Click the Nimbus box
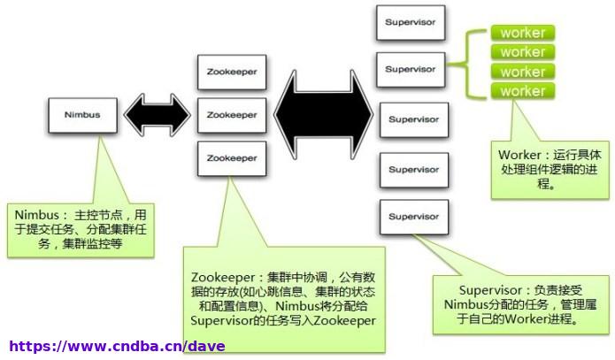[x=83, y=115]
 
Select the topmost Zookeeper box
[x=232, y=73]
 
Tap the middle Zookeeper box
[x=232, y=115]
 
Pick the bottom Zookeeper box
[x=232, y=158]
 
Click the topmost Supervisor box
[x=411, y=23]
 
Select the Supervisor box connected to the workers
[x=411, y=69]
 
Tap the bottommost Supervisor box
[x=414, y=217]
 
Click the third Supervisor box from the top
[x=414, y=120]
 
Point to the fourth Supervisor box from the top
[x=414, y=170]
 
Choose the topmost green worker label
[x=523, y=33]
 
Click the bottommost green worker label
[x=523, y=91]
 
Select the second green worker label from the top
[x=523, y=52]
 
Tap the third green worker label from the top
[x=523, y=72]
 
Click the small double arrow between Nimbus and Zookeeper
[x=158, y=115]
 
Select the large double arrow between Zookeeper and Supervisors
[x=323, y=114]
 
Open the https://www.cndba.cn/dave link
[x=117, y=346]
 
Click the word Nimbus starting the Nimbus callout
[x=37, y=215]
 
